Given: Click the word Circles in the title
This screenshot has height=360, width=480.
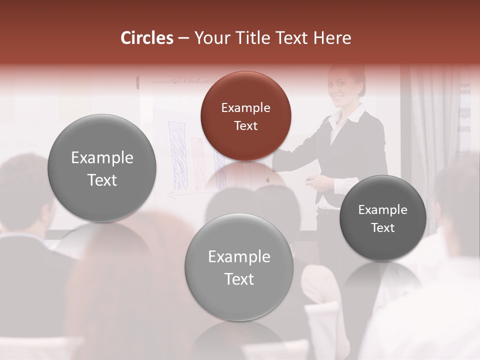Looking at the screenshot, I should pyautogui.click(x=146, y=38).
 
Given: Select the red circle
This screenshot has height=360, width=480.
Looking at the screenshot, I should pyautogui.click(x=245, y=115).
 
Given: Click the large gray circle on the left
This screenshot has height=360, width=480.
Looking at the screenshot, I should pyautogui.click(x=102, y=168).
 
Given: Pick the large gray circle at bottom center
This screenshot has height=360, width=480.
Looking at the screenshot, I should pyautogui.click(x=239, y=267).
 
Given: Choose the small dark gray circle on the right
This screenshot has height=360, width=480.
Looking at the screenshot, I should pyautogui.click(x=383, y=218).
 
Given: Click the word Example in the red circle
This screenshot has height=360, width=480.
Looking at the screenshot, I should pyautogui.click(x=245, y=107).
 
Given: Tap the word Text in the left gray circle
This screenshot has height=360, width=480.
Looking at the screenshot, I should pyautogui.click(x=102, y=180).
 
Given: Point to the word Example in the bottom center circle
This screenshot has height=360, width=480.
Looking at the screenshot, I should pyautogui.click(x=239, y=257).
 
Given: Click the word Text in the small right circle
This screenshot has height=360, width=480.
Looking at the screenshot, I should pyautogui.click(x=383, y=228).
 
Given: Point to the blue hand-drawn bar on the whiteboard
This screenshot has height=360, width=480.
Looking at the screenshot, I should pyautogui.click(x=177, y=155).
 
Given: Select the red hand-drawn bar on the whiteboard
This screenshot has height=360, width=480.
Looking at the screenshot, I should pyautogui.click(x=198, y=162).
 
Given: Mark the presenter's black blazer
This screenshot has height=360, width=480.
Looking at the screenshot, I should pyautogui.click(x=357, y=150).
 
